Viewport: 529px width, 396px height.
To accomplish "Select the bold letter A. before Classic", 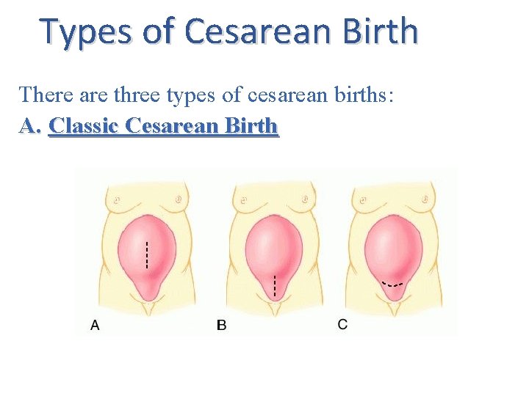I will coord(29,126).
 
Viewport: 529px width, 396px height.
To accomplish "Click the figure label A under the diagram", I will coord(95,325).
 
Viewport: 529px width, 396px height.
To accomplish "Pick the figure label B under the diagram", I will coord(222,325).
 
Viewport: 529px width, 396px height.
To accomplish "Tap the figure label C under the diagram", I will coord(342,324).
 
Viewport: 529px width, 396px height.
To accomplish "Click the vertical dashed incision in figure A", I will coord(147,254).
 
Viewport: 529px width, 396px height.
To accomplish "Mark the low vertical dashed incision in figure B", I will coord(274,285).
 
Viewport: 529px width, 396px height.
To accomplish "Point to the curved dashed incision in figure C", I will coord(394,283).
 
